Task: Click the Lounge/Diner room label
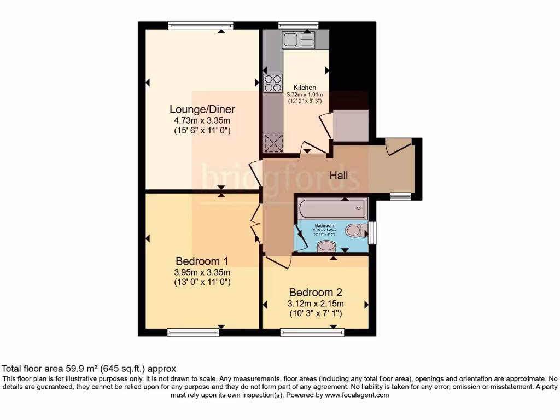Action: click(x=202, y=109)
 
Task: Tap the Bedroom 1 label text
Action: click(x=202, y=261)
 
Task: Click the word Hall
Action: click(x=339, y=175)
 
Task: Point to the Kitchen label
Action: click(x=305, y=87)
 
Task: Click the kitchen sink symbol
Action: click(x=299, y=39)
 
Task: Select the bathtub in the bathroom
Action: click(x=331, y=209)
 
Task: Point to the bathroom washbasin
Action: click(x=328, y=246)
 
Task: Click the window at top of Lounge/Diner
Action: click(x=201, y=25)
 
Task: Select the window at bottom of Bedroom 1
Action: click(x=193, y=332)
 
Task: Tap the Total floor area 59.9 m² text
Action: click(x=89, y=369)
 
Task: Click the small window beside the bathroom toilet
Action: click(x=372, y=232)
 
